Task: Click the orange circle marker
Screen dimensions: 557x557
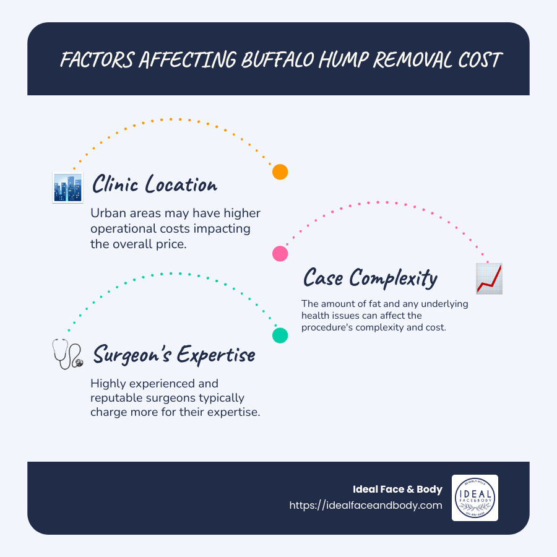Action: point(280,172)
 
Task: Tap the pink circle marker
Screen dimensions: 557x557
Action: point(280,254)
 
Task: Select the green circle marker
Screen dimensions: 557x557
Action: point(280,335)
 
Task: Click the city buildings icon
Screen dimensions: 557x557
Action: point(68,188)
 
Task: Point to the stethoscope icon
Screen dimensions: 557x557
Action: point(67,354)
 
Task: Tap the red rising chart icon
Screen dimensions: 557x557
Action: point(489,278)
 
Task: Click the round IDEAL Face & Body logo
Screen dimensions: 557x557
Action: point(475,498)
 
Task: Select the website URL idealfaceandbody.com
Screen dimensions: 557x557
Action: point(366,505)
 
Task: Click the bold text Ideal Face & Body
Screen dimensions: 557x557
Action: point(397,489)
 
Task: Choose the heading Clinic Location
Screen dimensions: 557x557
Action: point(155,184)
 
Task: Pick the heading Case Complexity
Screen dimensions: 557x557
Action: point(370,278)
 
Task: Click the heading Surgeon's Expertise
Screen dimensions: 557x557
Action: point(174,355)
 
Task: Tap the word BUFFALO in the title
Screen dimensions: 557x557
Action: point(277,59)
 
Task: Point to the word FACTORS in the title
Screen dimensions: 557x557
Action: point(97,59)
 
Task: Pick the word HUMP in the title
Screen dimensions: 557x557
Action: point(343,59)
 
